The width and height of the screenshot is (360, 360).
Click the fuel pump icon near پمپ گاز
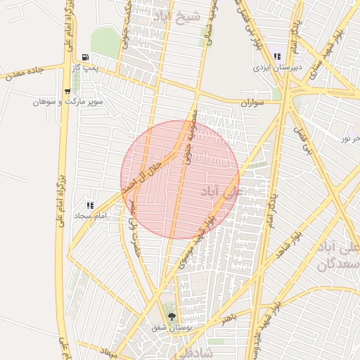(x=86, y=58)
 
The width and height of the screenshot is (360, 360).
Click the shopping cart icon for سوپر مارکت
(x=68, y=91)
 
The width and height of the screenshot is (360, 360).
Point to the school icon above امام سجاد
(x=89, y=204)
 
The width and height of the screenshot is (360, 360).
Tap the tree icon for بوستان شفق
(x=169, y=316)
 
